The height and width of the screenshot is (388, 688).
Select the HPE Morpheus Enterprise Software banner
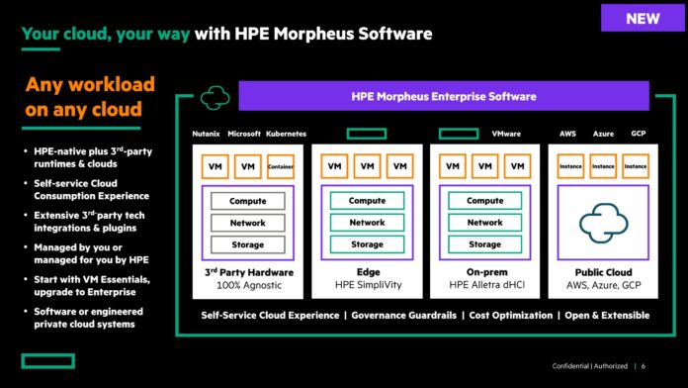444,96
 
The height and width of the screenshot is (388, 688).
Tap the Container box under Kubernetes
282,167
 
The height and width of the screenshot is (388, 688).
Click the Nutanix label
207,133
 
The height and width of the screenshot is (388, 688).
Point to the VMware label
507,133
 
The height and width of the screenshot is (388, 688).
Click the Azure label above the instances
603,133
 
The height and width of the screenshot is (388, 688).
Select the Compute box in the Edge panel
367,201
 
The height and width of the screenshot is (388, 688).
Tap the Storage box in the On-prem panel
484,244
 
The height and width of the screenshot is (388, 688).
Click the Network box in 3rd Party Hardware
247,223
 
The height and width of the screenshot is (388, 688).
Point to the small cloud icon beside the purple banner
214,97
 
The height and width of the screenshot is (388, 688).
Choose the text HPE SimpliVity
367,285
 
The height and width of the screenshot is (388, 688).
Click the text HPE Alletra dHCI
484,285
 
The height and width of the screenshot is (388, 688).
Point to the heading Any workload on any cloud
84,96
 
